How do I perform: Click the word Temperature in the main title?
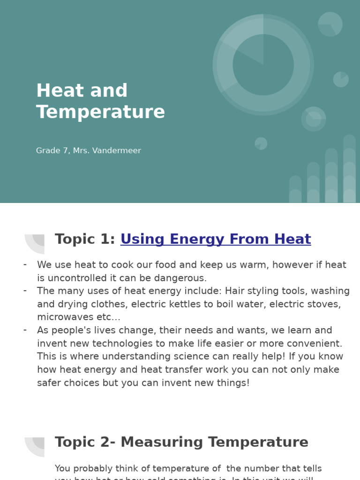[100, 112]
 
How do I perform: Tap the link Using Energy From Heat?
[216, 239]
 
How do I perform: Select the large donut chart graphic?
[263, 65]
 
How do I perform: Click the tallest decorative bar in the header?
[349, 169]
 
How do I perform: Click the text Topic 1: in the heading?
[85, 239]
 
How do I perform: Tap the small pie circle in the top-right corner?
[330, 24]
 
